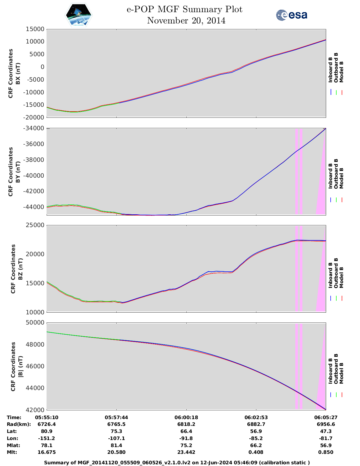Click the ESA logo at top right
click(291, 15)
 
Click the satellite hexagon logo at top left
click(78, 15)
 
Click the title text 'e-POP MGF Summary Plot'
click(184, 10)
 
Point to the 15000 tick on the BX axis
click(35, 29)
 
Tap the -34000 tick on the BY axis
click(35, 129)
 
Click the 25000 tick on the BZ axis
click(35, 225)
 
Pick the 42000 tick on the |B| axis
click(35, 410)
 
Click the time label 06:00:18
click(186, 417)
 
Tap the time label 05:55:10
click(47, 417)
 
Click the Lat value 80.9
click(47, 431)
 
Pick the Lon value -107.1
click(116, 438)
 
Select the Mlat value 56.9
click(326, 445)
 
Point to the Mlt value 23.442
click(186, 452)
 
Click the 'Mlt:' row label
click(12, 452)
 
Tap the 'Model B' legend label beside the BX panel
click(341, 72)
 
